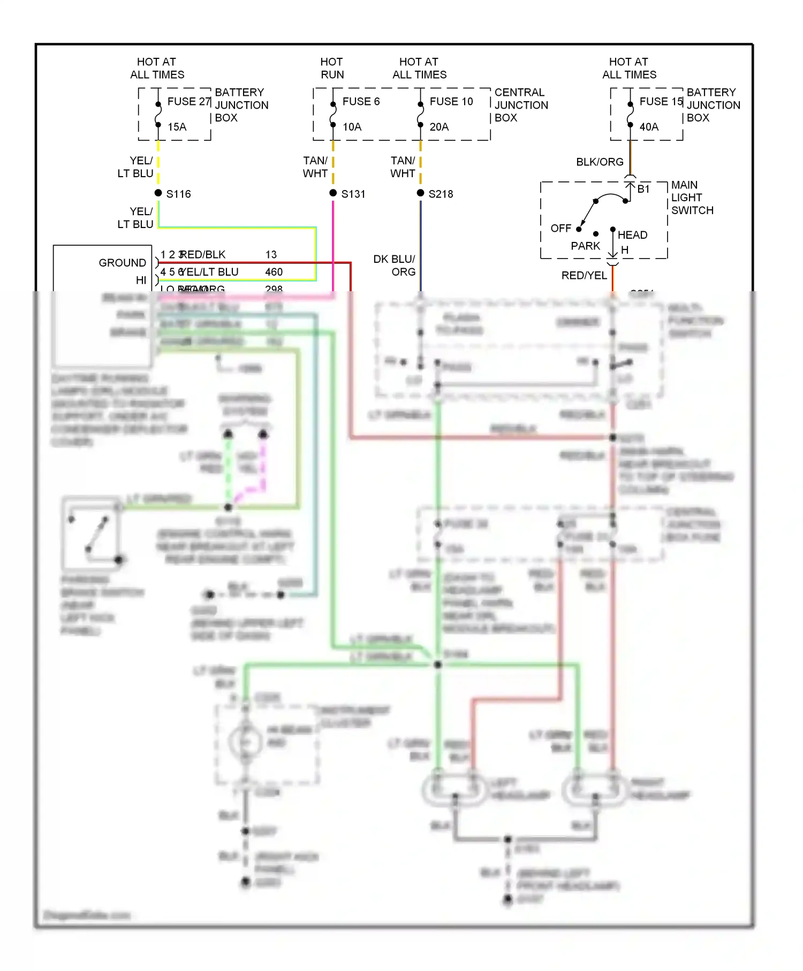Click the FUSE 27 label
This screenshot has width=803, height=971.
[189, 102]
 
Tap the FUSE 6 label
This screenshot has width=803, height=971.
[361, 102]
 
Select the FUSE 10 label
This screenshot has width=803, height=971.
[451, 102]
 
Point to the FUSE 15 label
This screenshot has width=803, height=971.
[661, 102]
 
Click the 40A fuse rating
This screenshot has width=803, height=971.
[649, 127]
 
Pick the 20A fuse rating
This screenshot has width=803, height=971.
[439, 127]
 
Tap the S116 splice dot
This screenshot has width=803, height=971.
[158, 193]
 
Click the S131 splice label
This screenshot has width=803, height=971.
[353, 194]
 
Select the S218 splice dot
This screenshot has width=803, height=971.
[420, 193]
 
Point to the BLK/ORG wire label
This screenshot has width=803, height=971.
[600, 162]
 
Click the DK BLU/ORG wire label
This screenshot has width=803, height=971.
[395, 265]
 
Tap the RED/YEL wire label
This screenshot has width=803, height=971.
[584, 275]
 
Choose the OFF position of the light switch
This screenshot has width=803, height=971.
[560, 229]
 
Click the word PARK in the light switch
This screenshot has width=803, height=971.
[585, 246]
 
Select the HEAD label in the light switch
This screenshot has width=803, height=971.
[632, 235]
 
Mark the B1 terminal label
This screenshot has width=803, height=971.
[643, 189]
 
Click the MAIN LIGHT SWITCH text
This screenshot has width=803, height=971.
[692, 198]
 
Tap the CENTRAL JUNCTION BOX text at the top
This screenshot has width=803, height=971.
[521, 105]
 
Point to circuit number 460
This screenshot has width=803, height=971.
[274, 272]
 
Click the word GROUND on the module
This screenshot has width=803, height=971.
[122, 263]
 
